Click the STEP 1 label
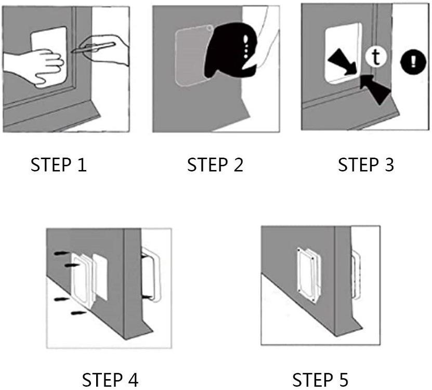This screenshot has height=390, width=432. (x=59, y=165)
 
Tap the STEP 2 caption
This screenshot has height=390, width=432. (x=215, y=165)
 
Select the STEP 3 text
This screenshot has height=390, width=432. (x=366, y=165)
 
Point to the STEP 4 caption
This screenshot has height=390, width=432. (x=111, y=379)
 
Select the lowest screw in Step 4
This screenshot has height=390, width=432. (x=78, y=313)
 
